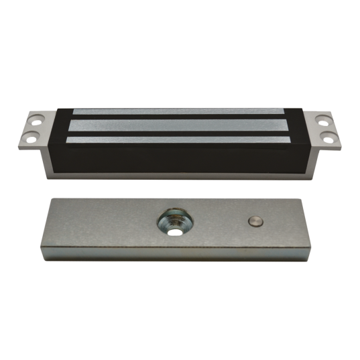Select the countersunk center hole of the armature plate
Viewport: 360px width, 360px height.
coord(175,222)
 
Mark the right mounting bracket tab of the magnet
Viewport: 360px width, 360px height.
coord(326,129)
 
